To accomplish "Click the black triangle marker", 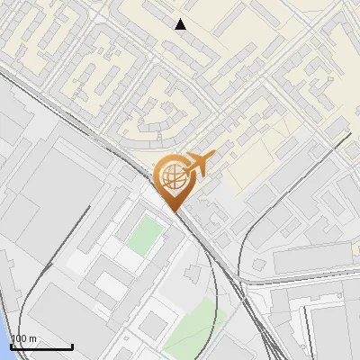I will click(181, 24).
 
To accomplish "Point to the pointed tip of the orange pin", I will click(173, 211).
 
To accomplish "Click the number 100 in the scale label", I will click(20, 338).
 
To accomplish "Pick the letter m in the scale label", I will click(33, 338).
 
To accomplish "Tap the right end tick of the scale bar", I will click(72, 346).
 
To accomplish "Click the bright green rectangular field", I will click(144, 236).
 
